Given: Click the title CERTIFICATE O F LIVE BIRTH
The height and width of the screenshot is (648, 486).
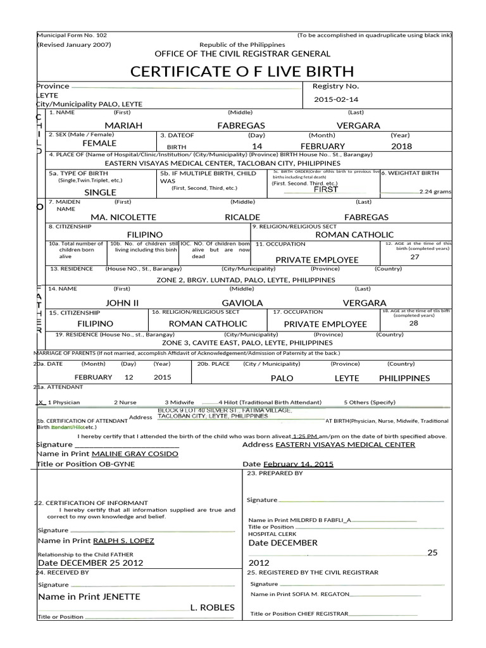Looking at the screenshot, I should pos(242,71).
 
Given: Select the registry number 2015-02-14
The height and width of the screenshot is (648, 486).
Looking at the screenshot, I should pos(335,100).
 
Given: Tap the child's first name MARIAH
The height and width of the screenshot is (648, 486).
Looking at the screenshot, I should pos(123,126).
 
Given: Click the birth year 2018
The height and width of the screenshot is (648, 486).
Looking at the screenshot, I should pos(401,146).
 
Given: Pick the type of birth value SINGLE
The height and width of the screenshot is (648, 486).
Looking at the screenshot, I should pos(100,192).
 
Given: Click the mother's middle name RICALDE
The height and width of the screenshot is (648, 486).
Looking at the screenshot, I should pos(242,217).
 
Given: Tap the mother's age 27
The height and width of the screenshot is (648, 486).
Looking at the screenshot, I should pos(414,258).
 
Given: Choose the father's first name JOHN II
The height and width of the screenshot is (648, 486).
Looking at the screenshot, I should pos(122,303).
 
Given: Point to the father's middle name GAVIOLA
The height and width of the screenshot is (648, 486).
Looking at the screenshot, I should pos(242,303).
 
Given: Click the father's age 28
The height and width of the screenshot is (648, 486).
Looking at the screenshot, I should pos(413,323).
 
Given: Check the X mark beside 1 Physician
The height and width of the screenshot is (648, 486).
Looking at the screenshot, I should pos(40,402).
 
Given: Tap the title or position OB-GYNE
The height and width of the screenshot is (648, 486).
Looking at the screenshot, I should pos(113,464).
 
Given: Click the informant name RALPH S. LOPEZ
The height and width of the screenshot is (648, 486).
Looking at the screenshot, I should pos(123,541).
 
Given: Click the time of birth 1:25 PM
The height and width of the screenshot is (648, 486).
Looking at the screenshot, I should pos(305,436).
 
